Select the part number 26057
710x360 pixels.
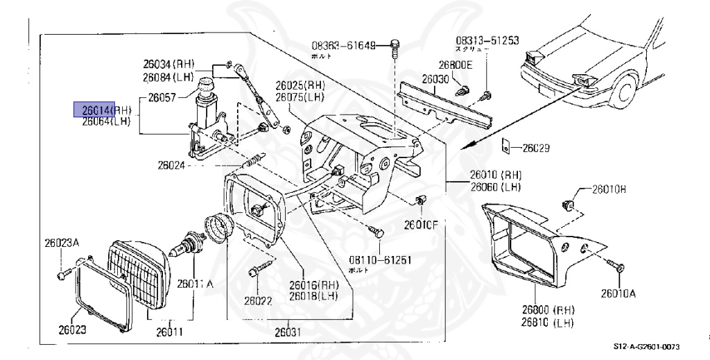tap(162, 98)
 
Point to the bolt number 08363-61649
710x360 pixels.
tap(343, 46)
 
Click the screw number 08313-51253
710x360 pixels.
tap(487, 41)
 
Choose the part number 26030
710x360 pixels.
tap(435, 79)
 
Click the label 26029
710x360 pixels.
tap(535, 148)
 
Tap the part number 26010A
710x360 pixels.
tap(617, 293)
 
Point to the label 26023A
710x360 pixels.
tap(62, 243)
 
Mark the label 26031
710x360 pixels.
tap(287, 332)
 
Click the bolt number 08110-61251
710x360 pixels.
tap(379, 260)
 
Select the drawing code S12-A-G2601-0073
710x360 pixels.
tap(646, 346)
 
